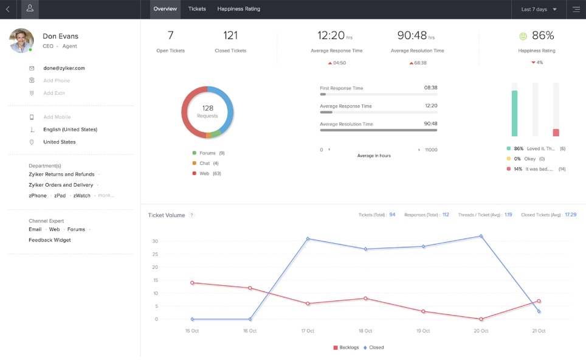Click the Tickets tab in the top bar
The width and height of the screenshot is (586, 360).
197,9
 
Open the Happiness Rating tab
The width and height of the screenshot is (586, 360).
239,9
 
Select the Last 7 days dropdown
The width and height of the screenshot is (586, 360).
539,10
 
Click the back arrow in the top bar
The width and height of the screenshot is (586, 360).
7,10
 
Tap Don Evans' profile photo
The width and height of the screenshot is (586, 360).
21,41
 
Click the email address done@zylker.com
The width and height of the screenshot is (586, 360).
64,68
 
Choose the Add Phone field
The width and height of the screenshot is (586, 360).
57,81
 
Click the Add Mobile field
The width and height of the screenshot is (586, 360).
57,117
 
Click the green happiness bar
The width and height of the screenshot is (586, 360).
514,114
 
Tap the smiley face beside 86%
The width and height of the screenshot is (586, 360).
523,36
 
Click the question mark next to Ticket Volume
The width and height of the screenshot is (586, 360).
191,215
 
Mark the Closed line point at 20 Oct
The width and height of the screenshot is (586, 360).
481,236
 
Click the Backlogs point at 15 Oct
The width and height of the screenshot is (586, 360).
192,283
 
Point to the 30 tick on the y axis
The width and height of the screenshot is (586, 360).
155,241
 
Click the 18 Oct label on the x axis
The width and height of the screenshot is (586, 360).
365,331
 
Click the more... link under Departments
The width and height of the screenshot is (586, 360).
106,196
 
